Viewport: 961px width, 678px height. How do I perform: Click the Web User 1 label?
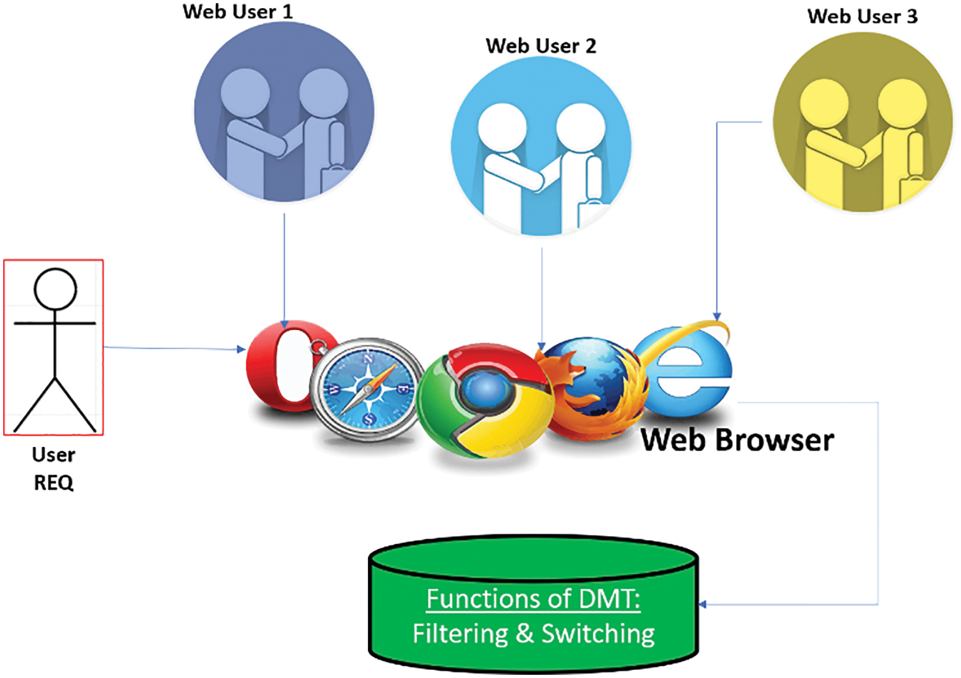[237, 11]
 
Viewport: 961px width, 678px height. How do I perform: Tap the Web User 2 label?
[541, 46]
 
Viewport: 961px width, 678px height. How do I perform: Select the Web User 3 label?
[862, 16]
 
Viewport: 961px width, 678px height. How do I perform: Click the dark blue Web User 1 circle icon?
[284, 112]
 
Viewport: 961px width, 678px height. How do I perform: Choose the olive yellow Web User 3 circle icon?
[862, 122]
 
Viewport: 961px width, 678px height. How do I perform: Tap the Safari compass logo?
[367, 389]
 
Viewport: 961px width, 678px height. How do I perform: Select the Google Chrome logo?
[486, 400]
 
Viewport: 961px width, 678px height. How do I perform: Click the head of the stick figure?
[56, 289]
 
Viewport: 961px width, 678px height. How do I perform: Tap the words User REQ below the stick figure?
[54, 469]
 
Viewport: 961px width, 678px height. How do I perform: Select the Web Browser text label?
[737, 440]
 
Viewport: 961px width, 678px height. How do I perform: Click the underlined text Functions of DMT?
[533, 599]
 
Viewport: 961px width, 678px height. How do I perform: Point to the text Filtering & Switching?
[534, 634]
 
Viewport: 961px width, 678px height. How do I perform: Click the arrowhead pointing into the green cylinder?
[703, 604]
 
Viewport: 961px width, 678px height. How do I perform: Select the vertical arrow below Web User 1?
[284, 268]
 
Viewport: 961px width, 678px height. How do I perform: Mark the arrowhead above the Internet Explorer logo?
[717, 316]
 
